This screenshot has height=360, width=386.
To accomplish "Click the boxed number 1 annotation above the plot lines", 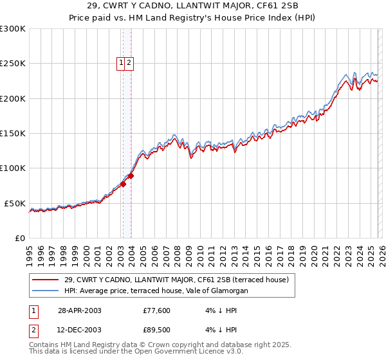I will click(121, 62).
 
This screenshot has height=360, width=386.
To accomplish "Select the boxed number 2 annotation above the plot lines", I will click(129, 62).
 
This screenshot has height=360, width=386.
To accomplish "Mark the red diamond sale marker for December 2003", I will click(131, 175).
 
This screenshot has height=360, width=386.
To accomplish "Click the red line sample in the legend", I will click(46, 280).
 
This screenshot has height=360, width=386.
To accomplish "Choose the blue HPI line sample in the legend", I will click(46, 291).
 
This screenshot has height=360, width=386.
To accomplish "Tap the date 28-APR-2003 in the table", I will click(79, 310).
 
